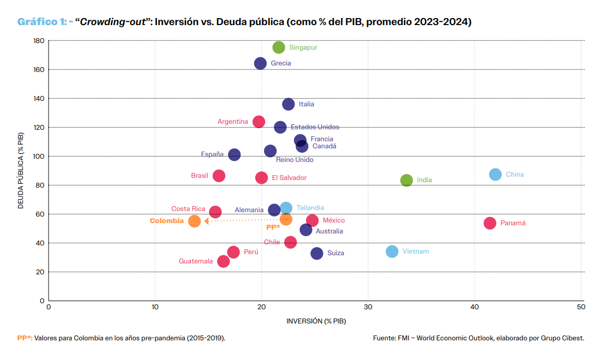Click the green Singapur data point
(x=279, y=47)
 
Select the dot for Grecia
(x=261, y=63)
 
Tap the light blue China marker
(x=495, y=175)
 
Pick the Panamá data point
(x=490, y=223)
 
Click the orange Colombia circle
(x=195, y=221)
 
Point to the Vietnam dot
(x=392, y=251)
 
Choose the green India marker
(x=406, y=180)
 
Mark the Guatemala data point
(x=223, y=261)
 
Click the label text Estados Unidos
(x=315, y=127)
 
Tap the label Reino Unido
(x=295, y=160)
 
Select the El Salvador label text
(x=289, y=178)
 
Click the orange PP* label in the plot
(x=273, y=227)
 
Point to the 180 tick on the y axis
(x=38, y=41)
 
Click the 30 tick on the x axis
(x=368, y=308)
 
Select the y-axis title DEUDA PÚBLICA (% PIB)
(x=21, y=170)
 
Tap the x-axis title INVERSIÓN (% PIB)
(x=316, y=321)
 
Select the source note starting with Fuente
(x=478, y=338)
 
